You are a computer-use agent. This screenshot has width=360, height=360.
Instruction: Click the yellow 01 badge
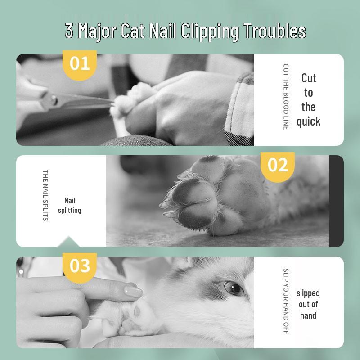point(80,63)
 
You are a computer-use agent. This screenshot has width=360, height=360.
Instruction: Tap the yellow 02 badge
point(277,165)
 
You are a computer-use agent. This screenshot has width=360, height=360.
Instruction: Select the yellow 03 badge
point(80,266)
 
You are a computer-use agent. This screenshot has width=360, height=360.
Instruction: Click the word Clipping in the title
point(209,31)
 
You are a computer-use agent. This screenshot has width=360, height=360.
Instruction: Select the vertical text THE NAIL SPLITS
point(45,195)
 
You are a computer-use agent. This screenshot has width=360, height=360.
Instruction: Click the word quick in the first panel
point(309,121)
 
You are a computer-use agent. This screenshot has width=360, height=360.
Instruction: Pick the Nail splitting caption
point(70,205)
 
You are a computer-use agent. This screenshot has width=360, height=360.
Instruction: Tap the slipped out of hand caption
point(308,304)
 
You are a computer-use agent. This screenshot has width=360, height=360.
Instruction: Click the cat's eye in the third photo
point(234,287)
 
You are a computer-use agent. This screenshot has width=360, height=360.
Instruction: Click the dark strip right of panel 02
point(336,201)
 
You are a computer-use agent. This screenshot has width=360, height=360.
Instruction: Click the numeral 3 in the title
point(69,31)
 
